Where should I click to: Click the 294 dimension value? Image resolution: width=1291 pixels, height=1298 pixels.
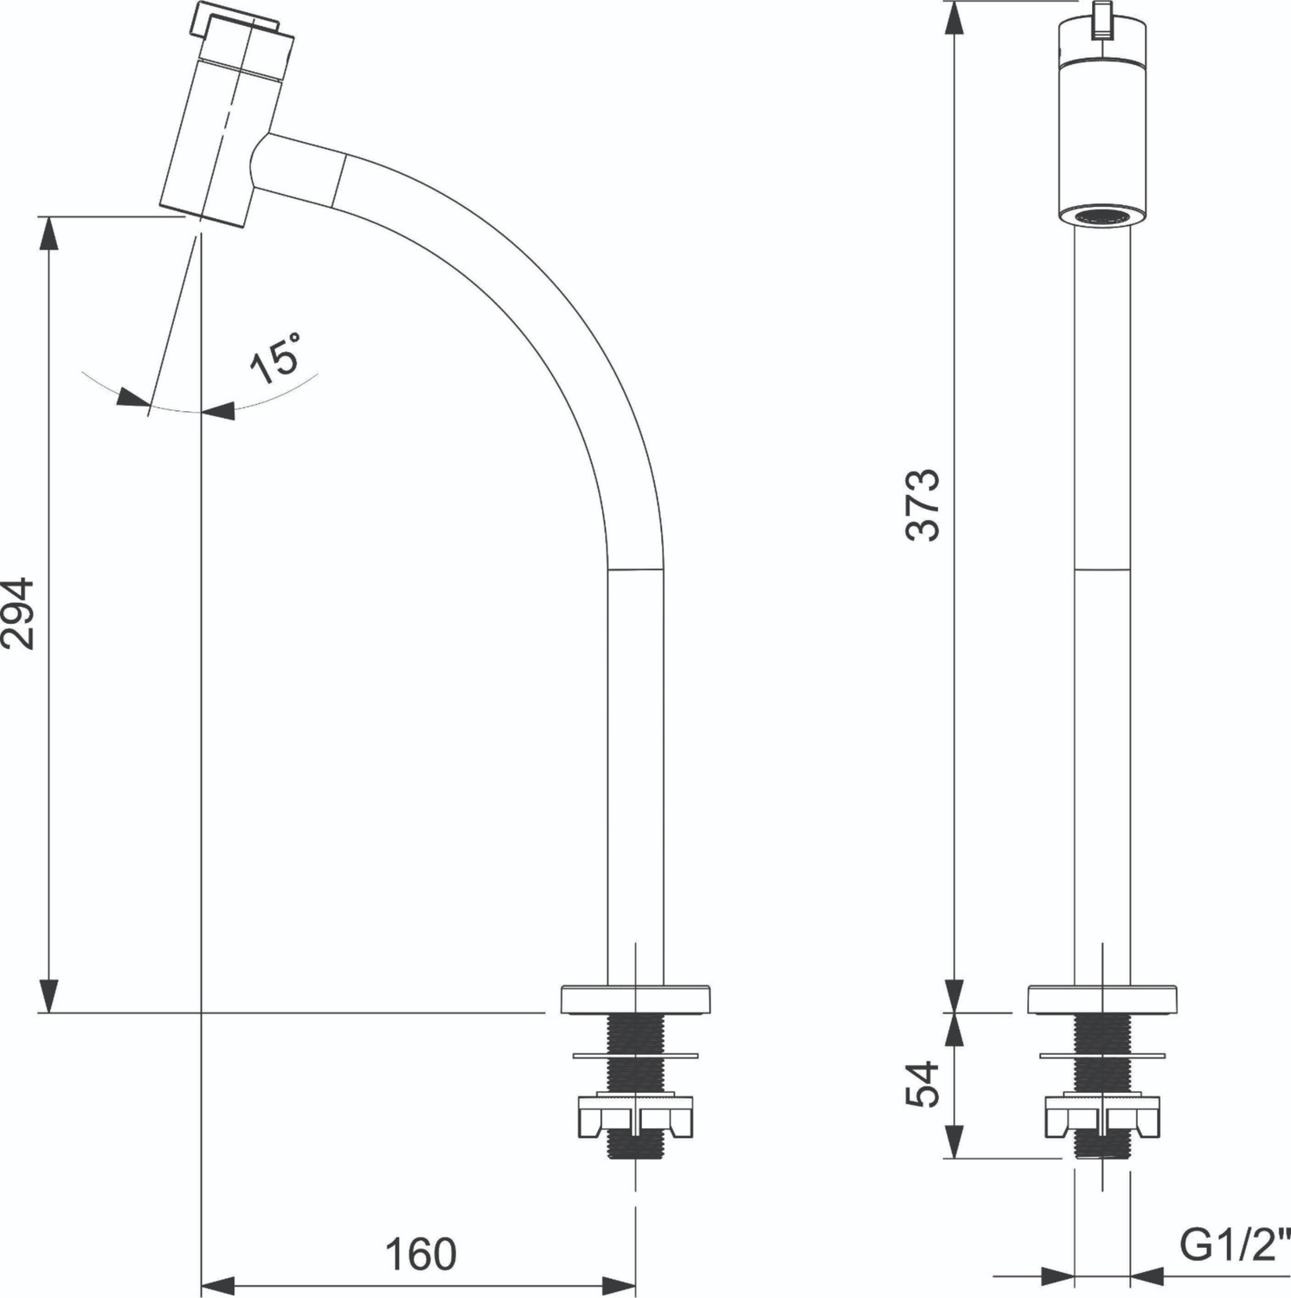coord(18,614)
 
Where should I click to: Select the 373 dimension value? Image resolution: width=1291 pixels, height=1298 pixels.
coord(922,504)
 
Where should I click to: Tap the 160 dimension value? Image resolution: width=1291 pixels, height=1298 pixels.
coord(421,1254)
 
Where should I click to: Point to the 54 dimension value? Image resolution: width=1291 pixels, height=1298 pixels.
coord(922,1084)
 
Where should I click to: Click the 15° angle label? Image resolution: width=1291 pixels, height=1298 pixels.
coord(276,356)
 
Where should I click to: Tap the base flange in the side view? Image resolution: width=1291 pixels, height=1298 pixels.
coord(636,999)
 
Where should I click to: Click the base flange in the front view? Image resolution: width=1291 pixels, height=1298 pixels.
coord(1102,999)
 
